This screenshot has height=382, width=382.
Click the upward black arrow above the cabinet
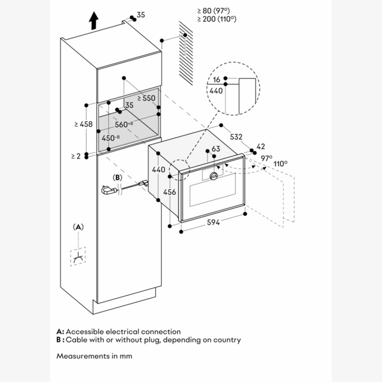[94, 22]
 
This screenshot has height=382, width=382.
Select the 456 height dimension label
[170, 192]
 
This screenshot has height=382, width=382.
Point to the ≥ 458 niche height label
[84, 124]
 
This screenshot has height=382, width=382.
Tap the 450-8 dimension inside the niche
[112, 138]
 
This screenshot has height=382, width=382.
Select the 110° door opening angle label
[280, 164]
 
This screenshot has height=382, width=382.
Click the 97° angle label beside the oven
[266, 158]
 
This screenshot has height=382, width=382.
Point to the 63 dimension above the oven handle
[216, 149]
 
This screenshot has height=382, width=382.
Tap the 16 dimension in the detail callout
[217, 80]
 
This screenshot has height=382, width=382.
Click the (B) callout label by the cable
[117, 177]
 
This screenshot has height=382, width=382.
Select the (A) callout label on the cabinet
[79, 227]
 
